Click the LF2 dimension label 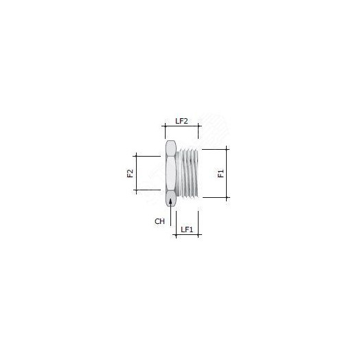(181, 121)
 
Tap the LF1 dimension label (187, 229)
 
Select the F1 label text (221, 174)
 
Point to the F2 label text (130, 173)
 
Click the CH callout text (159, 221)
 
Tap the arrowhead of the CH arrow (170, 201)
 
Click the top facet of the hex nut (170, 148)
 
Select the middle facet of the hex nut (171, 173)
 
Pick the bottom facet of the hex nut (171, 198)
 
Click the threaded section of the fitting (189, 173)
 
